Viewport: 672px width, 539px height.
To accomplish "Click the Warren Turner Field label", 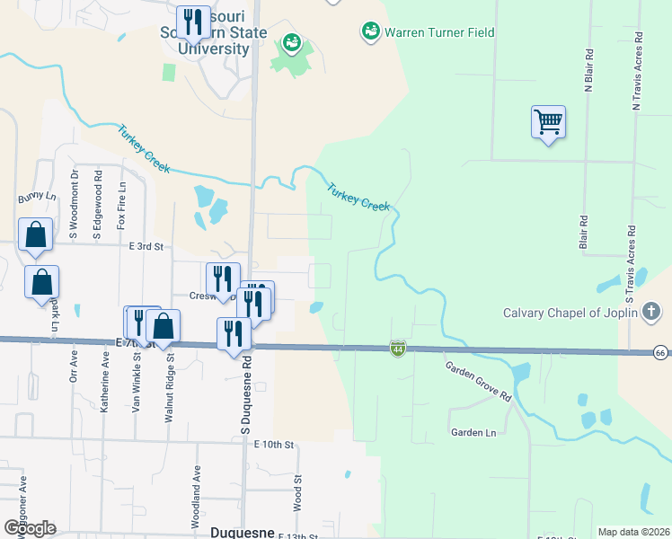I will (x=439, y=32).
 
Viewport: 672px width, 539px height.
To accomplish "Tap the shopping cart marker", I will (x=548, y=121).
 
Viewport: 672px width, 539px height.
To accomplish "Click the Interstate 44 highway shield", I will (x=396, y=347).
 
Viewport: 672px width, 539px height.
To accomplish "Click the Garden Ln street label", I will (x=473, y=432).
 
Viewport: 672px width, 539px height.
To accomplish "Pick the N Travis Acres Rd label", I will (x=637, y=72).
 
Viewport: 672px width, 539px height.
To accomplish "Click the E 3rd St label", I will (x=146, y=245).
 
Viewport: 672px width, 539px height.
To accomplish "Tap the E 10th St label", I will (x=274, y=444).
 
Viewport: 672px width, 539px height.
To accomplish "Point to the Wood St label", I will (x=295, y=495).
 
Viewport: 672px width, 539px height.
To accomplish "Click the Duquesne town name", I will (x=241, y=532).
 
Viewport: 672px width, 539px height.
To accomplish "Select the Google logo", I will (x=30, y=528).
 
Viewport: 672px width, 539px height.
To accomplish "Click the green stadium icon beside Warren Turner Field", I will (x=369, y=32).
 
